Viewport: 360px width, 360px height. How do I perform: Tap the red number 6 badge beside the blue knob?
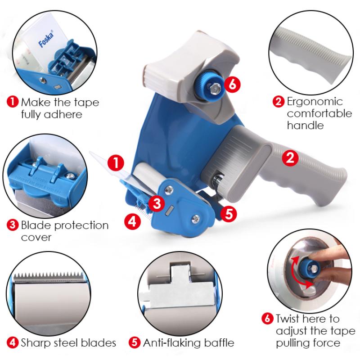232,85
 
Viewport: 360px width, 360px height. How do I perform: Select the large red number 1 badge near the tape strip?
116,162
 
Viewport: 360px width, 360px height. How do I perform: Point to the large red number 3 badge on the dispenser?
157,203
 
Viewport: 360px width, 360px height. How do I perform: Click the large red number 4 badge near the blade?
132,222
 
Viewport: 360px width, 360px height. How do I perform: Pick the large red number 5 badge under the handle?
229,214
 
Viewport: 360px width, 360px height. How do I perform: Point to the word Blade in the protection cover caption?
36,225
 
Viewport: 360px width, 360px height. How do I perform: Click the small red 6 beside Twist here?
267,319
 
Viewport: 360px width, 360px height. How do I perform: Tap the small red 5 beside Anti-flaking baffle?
134,343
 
